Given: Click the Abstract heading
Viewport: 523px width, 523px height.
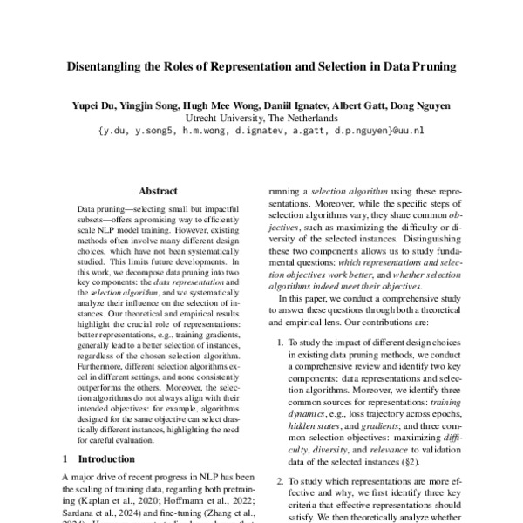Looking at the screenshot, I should tap(157, 190).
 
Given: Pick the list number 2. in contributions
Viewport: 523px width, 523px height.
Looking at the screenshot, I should tap(280, 480).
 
